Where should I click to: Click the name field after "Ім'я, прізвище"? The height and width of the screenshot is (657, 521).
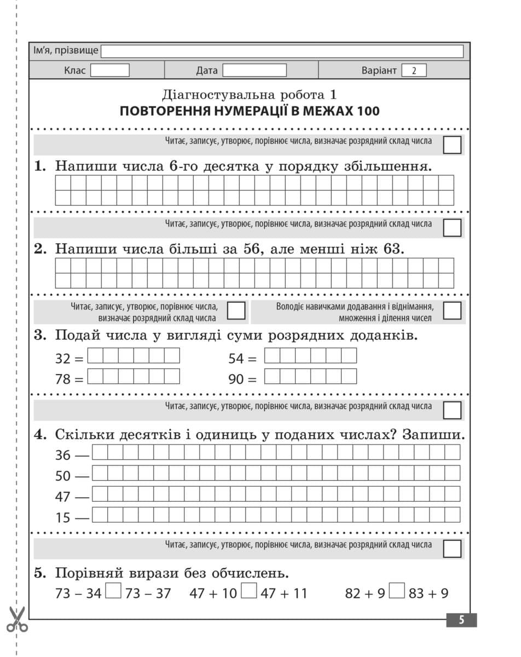tap(282, 51)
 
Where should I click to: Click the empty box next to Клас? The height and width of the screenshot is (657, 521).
tap(109, 71)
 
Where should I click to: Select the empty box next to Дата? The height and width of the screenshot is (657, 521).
tap(254, 71)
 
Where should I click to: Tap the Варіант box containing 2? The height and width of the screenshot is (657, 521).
tap(414, 71)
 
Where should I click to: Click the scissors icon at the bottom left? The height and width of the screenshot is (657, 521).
tap(18, 619)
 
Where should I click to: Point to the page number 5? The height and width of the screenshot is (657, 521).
tap(461, 620)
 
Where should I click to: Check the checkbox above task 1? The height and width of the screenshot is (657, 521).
tap(452, 145)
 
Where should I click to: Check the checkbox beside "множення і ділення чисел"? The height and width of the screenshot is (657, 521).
tap(452, 310)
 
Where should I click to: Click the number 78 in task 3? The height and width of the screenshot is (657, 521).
tap(63, 378)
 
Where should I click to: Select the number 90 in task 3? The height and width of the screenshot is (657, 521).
tap(236, 378)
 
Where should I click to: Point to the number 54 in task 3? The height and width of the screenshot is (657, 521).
tap(236, 359)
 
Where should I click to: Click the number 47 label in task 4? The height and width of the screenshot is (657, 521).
tap(63, 497)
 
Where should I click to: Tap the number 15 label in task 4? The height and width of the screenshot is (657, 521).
tap(63, 517)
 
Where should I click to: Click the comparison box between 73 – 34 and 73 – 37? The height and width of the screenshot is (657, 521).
tap(113, 592)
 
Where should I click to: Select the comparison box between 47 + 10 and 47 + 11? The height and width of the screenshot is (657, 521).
tap(249, 592)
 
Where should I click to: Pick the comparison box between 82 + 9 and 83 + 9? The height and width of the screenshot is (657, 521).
tap(397, 592)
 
